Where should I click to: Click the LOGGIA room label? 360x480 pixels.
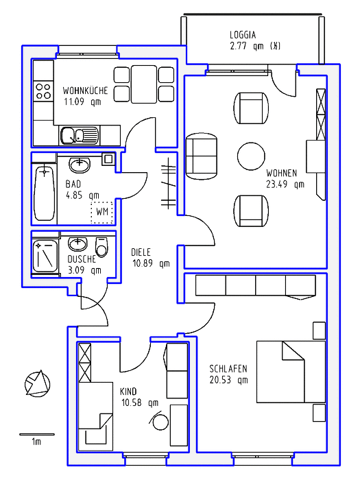click(x=243, y=35)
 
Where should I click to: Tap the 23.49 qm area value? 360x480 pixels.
click(x=285, y=184)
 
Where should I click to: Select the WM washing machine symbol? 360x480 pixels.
click(x=102, y=212)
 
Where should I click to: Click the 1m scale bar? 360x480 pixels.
click(x=37, y=434)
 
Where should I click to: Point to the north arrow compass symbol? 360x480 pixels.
click(x=37, y=383)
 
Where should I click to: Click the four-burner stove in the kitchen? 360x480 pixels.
click(x=43, y=91)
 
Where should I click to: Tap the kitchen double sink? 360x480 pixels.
click(x=80, y=136)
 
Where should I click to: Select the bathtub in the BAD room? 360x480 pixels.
click(x=45, y=193)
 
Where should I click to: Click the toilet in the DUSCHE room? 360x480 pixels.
click(x=102, y=247)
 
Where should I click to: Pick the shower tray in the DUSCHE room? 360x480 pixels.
click(x=45, y=256)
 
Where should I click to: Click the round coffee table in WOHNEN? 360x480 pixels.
click(x=251, y=156)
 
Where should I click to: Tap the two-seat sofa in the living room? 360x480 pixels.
click(x=202, y=156)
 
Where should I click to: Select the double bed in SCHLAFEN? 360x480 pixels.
click(x=291, y=372)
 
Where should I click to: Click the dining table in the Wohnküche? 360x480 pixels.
click(x=144, y=84)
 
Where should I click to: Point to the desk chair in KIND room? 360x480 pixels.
click(x=160, y=421)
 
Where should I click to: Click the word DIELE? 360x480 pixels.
click(x=141, y=252)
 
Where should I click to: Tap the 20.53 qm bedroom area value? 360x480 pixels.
click(x=228, y=380)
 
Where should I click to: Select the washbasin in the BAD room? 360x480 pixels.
click(x=80, y=165)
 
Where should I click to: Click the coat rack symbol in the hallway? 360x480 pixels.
click(x=169, y=183)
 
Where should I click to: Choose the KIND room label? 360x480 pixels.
click(x=128, y=392)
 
